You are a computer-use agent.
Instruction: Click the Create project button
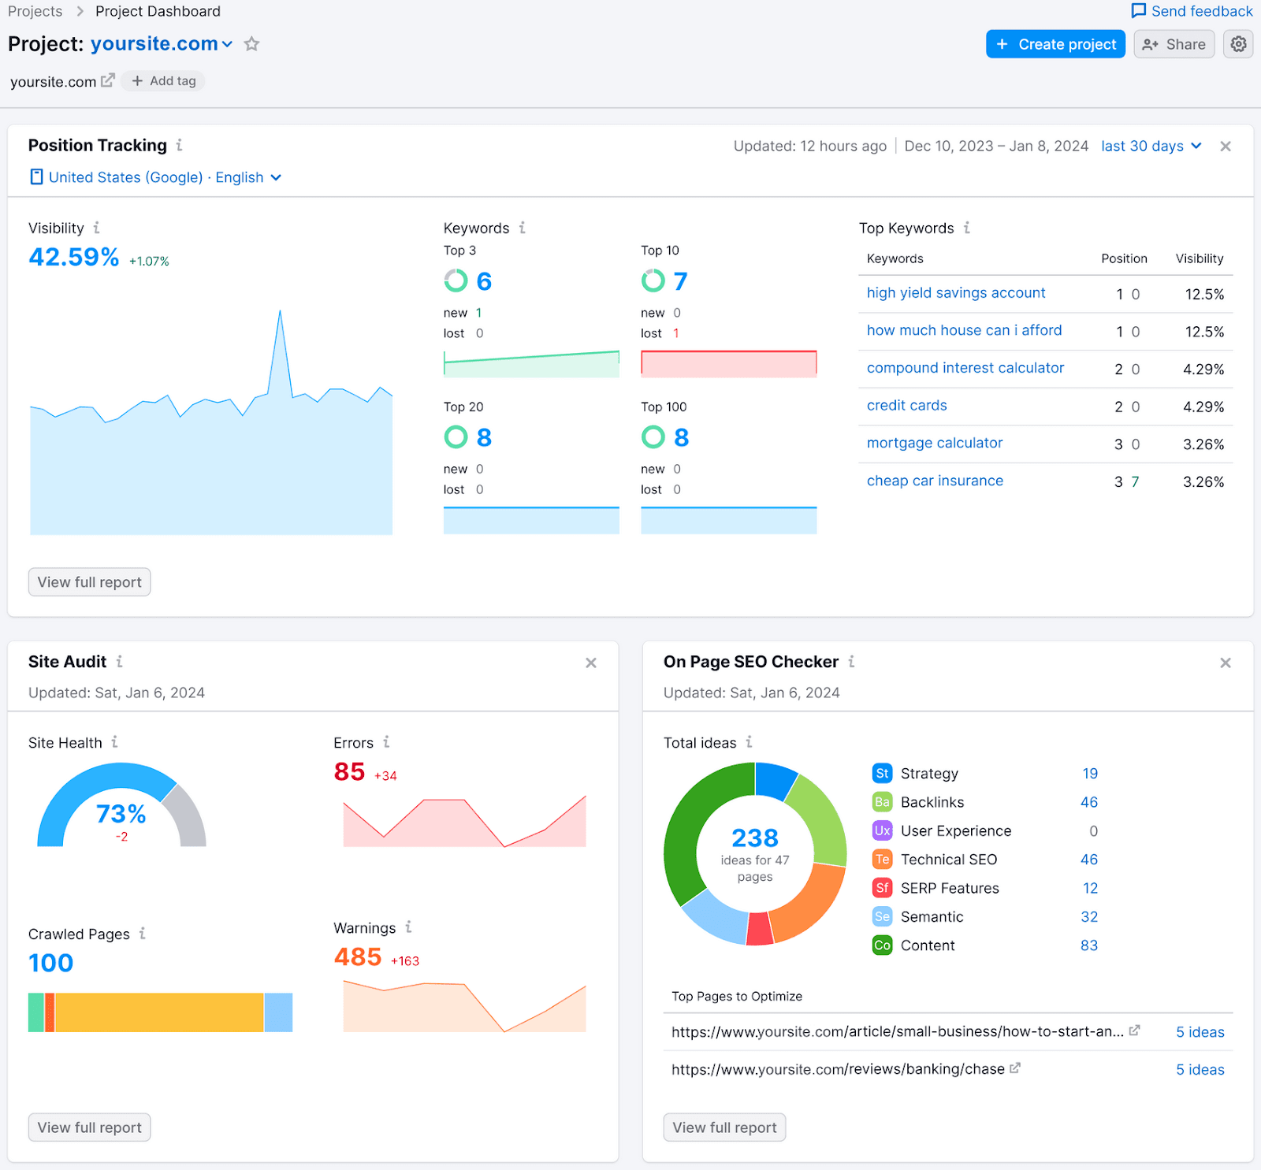click(x=1055, y=44)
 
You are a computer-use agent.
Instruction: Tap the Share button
click(x=1174, y=44)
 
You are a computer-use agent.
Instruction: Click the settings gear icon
click(x=1238, y=44)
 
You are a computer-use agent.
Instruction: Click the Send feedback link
click(x=1192, y=11)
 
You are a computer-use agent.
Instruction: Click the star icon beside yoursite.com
click(x=251, y=44)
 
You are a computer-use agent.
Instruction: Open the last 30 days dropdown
click(x=1151, y=146)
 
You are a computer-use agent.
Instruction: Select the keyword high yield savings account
click(x=955, y=293)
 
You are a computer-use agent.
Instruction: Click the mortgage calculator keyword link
click(x=934, y=443)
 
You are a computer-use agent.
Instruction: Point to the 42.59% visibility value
click(x=74, y=257)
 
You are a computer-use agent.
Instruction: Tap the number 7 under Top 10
click(x=680, y=281)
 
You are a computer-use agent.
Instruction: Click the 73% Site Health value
click(x=121, y=813)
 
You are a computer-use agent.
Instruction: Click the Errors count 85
click(x=349, y=771)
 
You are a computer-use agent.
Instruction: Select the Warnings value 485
click(x=358, y=956)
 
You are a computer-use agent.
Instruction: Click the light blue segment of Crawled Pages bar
click(x=278, y=1012)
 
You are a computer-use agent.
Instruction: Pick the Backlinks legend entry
click(x=932, y=802)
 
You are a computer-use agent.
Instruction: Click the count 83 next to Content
click(x=1088, y=945)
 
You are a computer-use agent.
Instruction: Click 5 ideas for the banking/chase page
click(x=1200, y=1069)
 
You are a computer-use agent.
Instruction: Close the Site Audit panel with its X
click(x=591, y=663)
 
